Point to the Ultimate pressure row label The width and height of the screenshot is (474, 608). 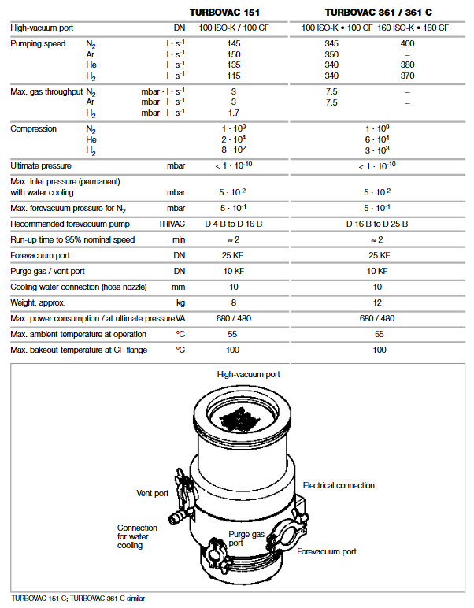41,165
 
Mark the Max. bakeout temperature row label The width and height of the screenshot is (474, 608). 79,350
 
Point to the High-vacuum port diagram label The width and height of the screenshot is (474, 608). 248,374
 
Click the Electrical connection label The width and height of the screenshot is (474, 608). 339,485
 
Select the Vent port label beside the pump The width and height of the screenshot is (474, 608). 152,493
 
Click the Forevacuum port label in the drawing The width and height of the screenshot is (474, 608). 326,551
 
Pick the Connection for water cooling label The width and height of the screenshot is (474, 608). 131,536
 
